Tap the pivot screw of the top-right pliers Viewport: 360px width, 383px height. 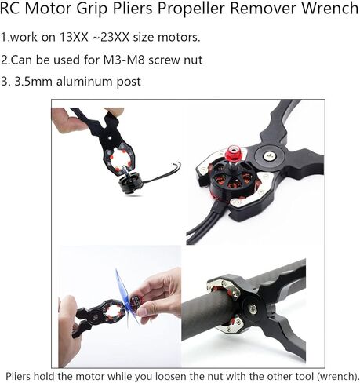click(271, 155)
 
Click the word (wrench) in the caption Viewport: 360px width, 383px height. click(336, 374)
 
